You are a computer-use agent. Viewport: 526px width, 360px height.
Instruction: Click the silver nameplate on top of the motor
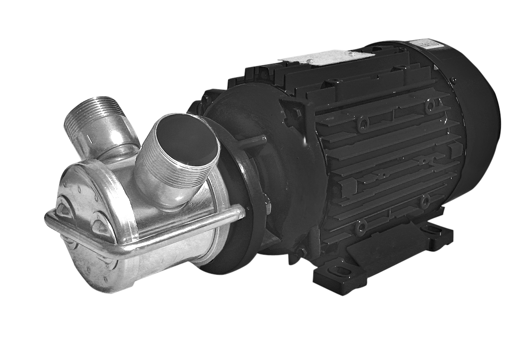click(x=325, y=57)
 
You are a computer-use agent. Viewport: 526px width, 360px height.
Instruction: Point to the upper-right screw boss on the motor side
click(x=429, y=106)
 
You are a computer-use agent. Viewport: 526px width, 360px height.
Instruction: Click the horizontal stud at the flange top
click(x=252, y=142)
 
